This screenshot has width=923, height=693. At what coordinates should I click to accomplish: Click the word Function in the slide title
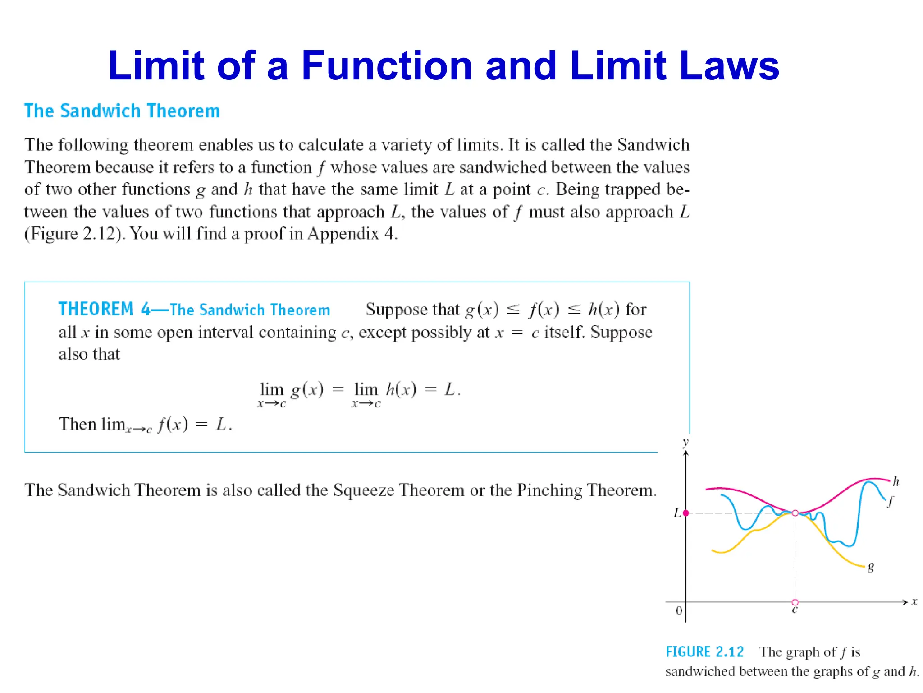[387, 66]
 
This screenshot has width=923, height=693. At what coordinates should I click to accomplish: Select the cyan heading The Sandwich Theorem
[122, 111]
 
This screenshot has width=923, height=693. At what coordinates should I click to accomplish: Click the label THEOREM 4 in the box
[105, 310]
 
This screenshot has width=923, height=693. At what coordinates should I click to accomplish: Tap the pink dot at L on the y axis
[686, 513]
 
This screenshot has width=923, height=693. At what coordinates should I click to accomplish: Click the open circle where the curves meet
[795, 513]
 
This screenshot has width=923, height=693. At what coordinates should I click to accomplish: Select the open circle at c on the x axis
[795, 602]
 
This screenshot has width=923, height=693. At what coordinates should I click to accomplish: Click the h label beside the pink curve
[896, 482]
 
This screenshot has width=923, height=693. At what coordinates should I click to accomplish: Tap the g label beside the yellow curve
[871, 566]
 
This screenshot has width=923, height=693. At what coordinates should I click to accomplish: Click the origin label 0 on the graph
[679, 611]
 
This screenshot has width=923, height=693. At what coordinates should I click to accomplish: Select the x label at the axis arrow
[914, 602]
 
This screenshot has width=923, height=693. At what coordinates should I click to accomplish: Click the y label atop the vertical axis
[685, 442]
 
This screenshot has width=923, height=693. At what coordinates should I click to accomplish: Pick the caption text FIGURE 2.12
[704, 652]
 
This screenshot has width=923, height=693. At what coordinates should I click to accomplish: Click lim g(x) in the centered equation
[291, 391]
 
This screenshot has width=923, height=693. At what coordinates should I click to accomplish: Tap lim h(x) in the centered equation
[384, 391]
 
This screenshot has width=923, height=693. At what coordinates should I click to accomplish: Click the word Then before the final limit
[78, 425]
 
